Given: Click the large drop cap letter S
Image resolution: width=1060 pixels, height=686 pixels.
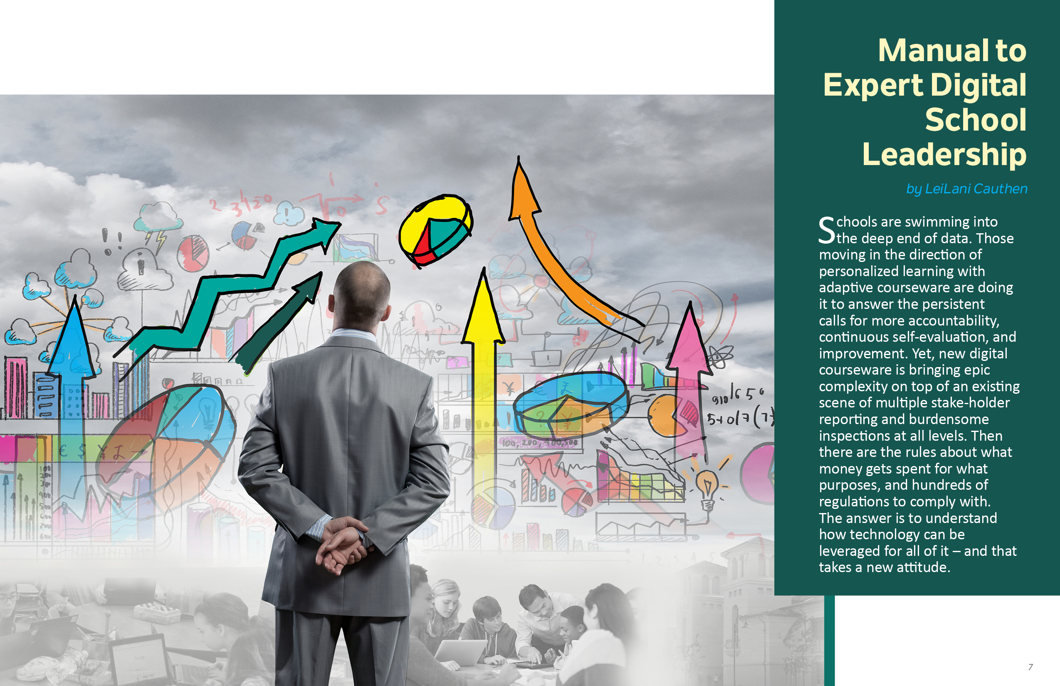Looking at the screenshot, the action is coord(827,230).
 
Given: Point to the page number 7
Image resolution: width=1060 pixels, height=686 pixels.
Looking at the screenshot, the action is coord(1030,667).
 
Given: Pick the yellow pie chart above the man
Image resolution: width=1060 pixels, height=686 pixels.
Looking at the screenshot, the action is coord(435,230).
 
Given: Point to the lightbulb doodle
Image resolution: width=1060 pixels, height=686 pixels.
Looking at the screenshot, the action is coord(707,489).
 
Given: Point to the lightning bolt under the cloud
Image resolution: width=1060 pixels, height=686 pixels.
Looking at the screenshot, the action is coord(160,241).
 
